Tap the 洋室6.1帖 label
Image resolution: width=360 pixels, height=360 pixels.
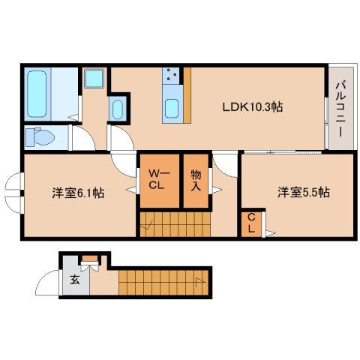78,193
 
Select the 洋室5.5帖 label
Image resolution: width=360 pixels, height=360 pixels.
304,193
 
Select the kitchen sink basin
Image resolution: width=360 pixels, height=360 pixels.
172,109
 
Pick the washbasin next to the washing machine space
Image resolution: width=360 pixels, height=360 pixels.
118,109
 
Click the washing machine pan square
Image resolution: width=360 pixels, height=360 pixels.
95,79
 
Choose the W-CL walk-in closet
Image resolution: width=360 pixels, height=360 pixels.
159,181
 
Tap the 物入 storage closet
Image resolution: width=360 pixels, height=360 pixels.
195,181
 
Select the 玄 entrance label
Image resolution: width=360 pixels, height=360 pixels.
75,280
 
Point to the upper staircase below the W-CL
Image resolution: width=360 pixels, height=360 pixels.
176,222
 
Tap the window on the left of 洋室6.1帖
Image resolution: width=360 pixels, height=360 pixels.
13,193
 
